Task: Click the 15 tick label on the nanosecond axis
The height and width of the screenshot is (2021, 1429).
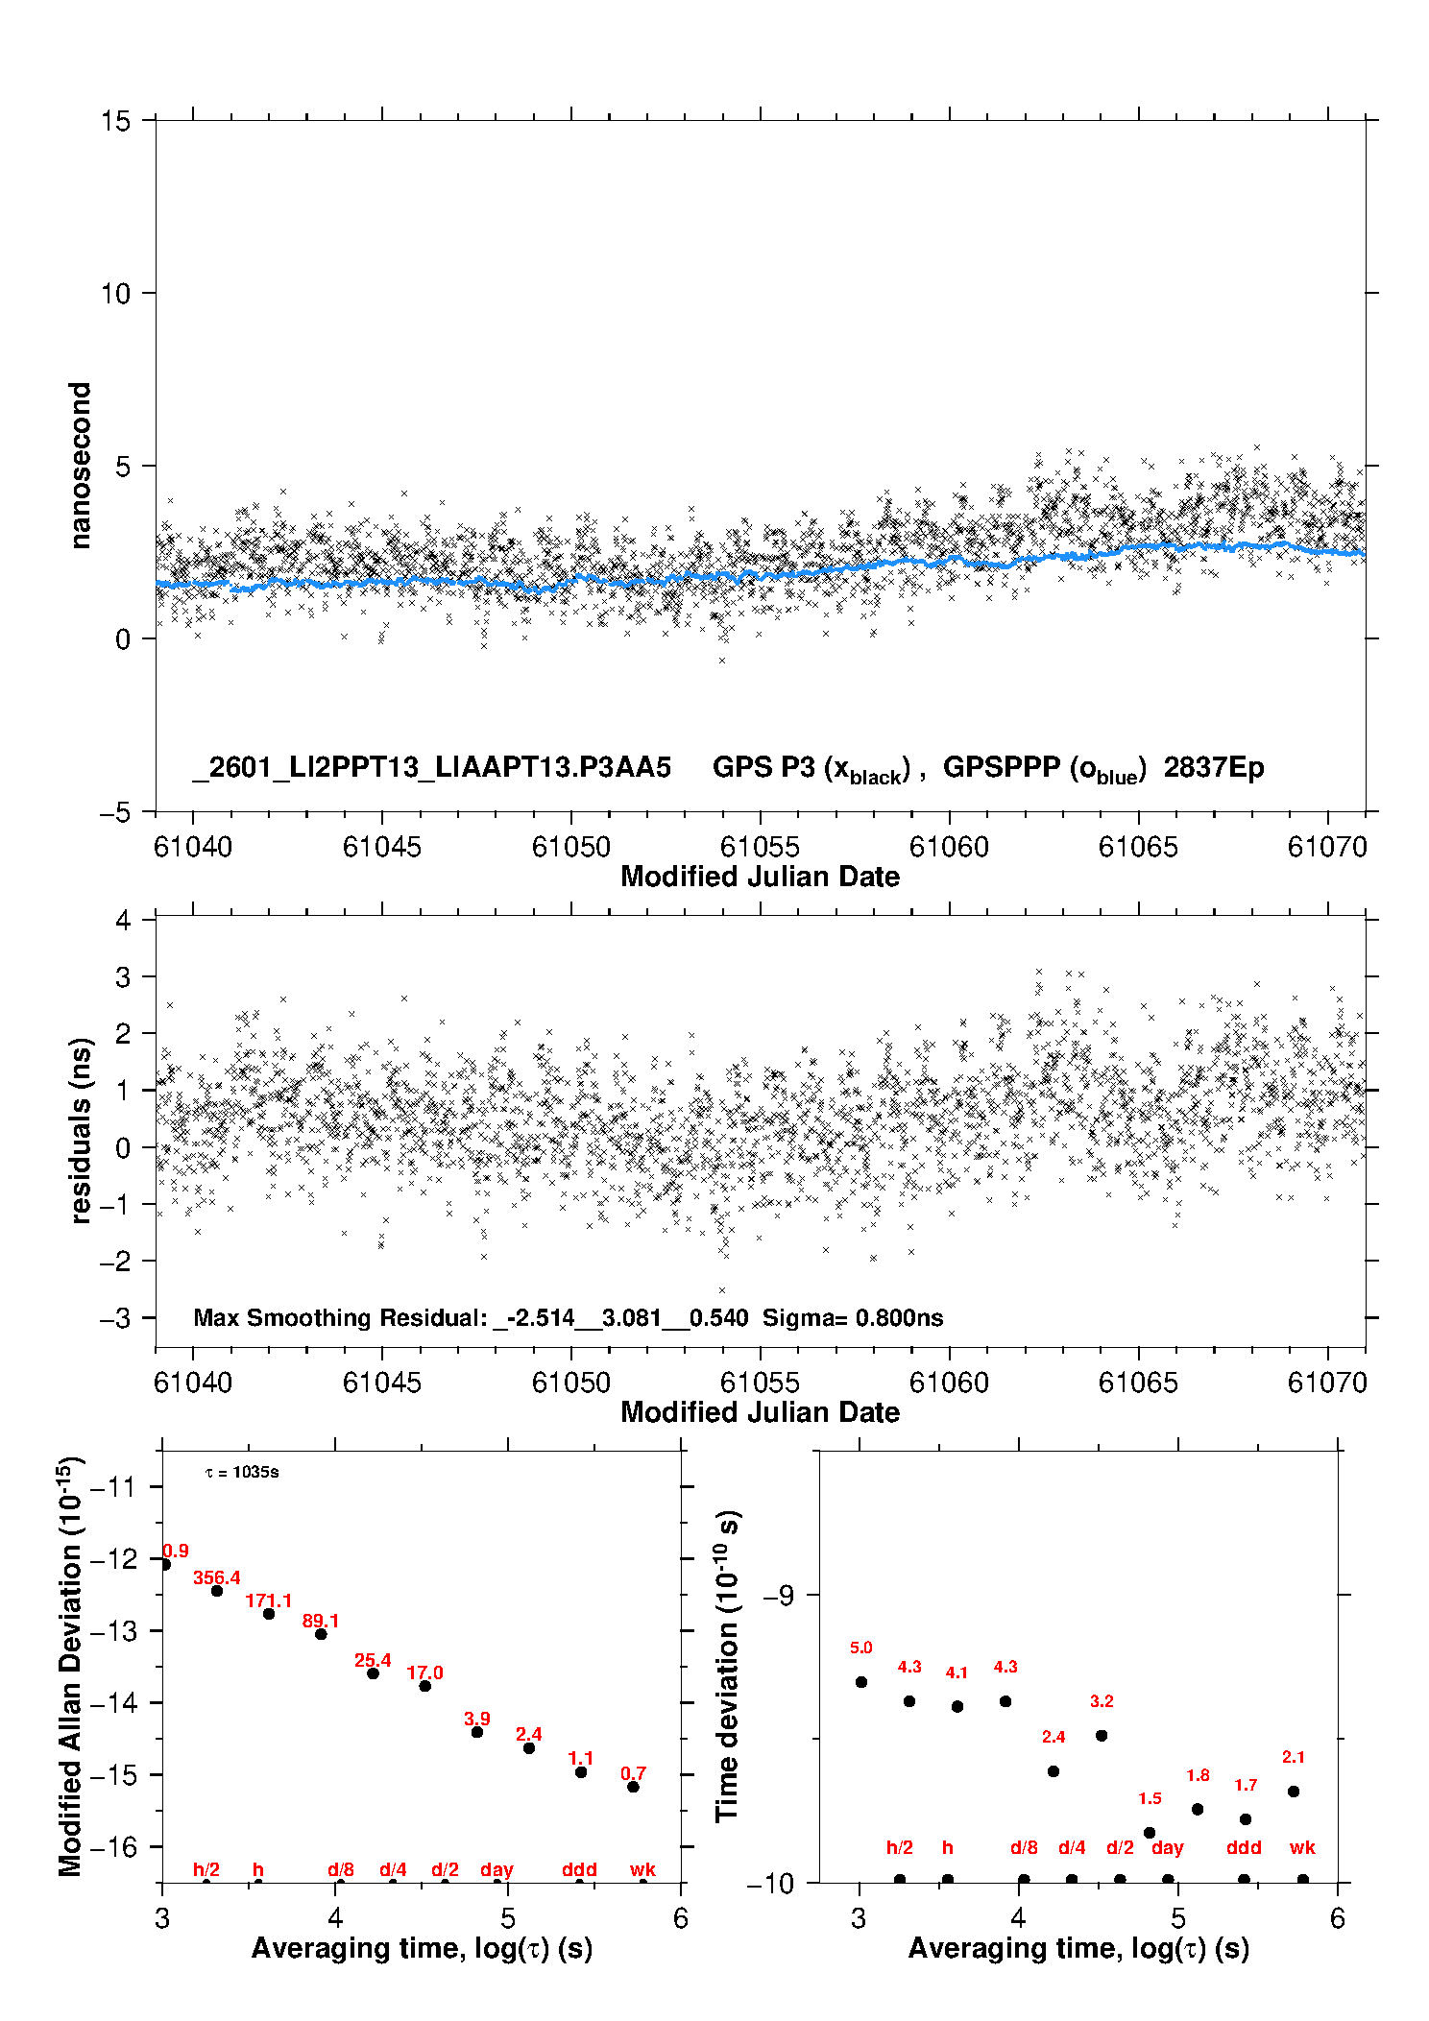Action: coord(115,121)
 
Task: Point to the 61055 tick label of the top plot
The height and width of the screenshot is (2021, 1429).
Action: coord(760,847)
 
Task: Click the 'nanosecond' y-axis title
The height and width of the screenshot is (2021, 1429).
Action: coord(81,465)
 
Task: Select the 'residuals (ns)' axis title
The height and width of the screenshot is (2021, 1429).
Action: coord(81,1130)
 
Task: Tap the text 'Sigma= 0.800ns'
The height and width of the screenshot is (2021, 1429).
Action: coord(853,1317)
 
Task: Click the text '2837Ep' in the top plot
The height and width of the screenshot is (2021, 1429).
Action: coord(1213,768)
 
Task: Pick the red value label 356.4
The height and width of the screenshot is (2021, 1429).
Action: coord(216,1577)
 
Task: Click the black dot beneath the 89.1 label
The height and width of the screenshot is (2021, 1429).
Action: coord(321,1634)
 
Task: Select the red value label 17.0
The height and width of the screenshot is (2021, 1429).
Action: coord(424,1672)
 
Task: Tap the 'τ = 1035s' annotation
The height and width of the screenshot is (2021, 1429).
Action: coord(242,1472)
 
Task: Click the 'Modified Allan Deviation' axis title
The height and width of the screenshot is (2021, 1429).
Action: coord(71,1666)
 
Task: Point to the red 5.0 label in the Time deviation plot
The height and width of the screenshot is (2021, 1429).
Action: coord(860,1648)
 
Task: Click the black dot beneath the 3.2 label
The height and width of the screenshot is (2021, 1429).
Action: coord(1102,1735)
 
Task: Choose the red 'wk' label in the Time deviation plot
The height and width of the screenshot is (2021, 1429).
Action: coord(1302,1847)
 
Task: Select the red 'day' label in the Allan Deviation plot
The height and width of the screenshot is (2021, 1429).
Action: coord(497,1869)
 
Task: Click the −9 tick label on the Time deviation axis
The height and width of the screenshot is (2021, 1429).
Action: coord(778,1595)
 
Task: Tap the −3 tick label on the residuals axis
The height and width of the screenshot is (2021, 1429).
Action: coord(115,1318)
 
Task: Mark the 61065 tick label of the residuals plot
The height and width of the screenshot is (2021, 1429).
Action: coord(1138,1383)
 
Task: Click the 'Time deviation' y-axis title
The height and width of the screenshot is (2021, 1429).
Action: coord(728,1666)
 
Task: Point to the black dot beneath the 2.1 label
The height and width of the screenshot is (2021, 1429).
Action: coord(1294,1792)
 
